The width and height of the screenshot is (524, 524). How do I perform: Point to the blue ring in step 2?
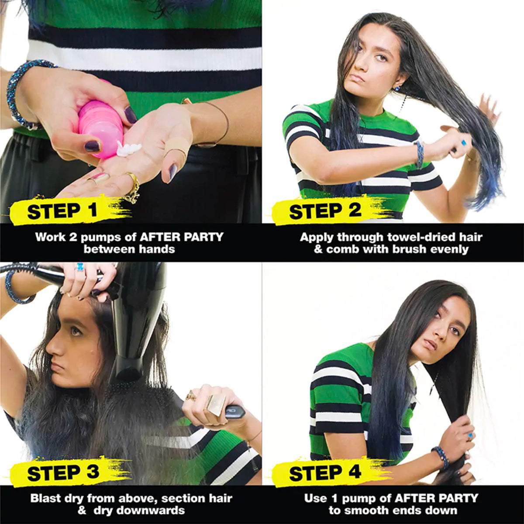462,141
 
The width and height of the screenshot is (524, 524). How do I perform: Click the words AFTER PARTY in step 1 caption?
181,237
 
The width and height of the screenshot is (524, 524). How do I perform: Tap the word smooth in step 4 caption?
366,510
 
